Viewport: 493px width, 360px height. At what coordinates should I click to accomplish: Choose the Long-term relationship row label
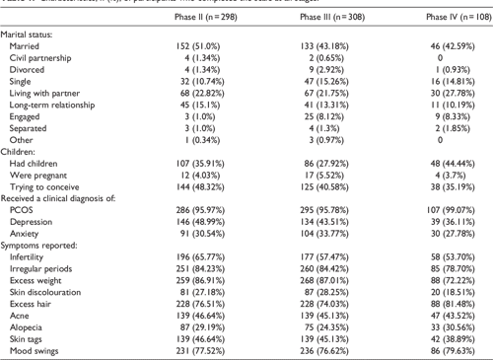53,106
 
